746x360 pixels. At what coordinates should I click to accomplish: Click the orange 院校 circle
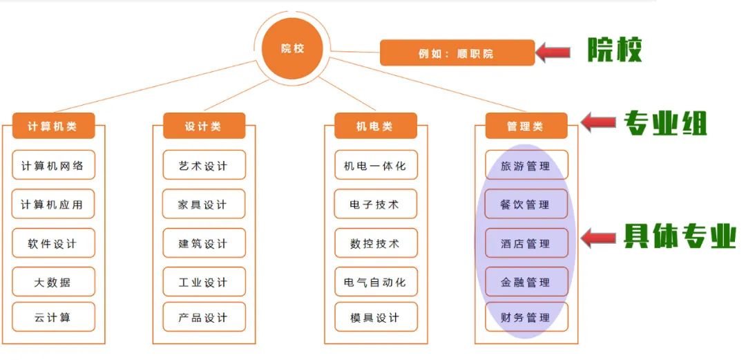point(292,49)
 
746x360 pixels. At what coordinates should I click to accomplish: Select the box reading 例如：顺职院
point(457,53)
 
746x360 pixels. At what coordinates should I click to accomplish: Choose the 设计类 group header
point(204,126)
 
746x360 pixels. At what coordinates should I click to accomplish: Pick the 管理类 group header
point(526,126)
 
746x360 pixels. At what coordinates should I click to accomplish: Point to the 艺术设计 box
point(204,166)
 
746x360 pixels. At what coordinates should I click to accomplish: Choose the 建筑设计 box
point(204,243)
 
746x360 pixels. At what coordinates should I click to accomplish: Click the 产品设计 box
point(204,317)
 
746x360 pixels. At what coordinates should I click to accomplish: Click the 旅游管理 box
point(526,166)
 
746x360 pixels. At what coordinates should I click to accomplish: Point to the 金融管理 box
point(526,282)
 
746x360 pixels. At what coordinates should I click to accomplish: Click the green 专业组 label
point(665,124)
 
